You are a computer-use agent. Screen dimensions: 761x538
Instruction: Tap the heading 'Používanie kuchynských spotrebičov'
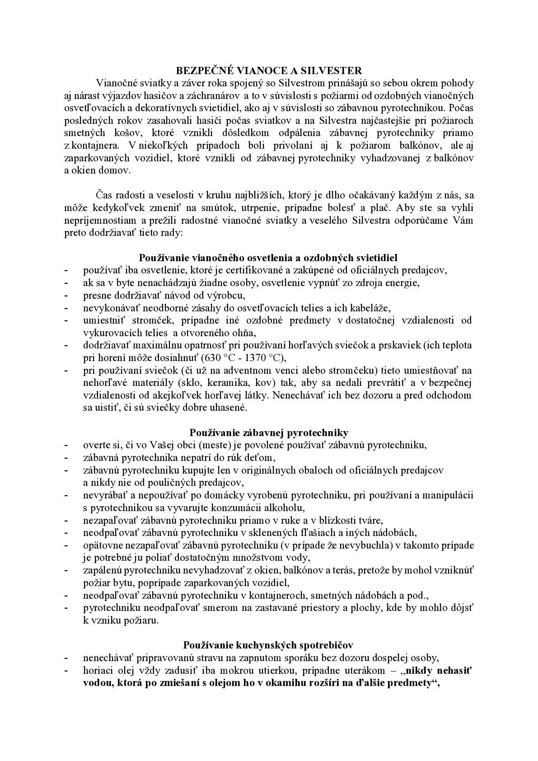(268, 645)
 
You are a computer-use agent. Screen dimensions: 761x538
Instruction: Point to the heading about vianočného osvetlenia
(268, 258)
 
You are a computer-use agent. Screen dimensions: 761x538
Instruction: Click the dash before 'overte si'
(66, 445)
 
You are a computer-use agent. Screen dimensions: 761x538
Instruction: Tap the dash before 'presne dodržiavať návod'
(66, 296)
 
